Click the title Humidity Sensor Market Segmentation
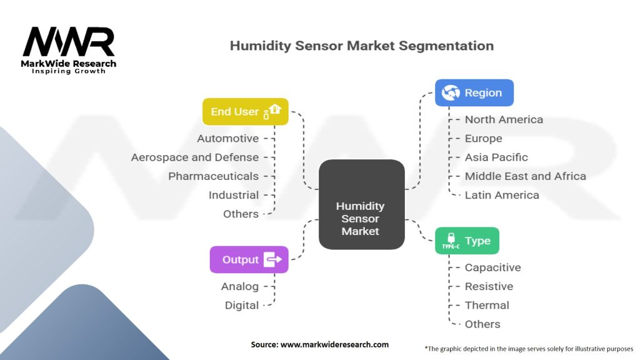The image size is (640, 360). point(361,46)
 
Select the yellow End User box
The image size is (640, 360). point(245,112)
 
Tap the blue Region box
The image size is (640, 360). point(474,92)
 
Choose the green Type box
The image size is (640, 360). point(467,241)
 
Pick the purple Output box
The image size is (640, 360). point(249,259)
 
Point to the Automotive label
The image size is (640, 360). point(227,138)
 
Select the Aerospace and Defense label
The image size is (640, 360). point(194,157)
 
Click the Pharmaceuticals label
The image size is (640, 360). point(213,176)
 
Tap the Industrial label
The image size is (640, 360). point(233,195)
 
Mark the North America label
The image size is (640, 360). point(504,119)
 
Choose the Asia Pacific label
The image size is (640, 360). point(496,157)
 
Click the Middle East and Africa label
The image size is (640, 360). point(525,176)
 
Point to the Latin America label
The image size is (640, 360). point(501,195)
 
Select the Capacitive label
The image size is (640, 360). point(492,267)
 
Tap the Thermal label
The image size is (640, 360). point(487,305)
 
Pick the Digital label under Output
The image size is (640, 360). point(241,305)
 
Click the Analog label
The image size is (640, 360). point(239,286)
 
